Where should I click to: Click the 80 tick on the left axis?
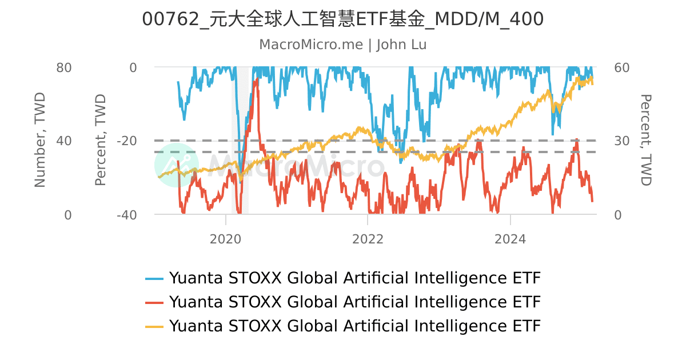pyautogui.click(x=63, y=67)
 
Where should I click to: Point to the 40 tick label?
pyautogui.click(x=63, y=141)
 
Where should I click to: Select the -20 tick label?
pyautogui.click(x=126, y=141)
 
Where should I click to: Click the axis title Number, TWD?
pyautogui.click(x=39, y=141)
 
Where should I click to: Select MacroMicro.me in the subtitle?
pyautogui.click(x=311, y=45)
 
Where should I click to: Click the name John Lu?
pyautogui.click(x=401, y=45)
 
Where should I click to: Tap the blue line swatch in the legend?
pyautogui.click(x=154, y=279)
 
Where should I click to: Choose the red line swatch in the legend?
pyautogui.click(x=154, y=302)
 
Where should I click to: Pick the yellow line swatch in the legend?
pyautogui.click(x=154, y=326)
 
